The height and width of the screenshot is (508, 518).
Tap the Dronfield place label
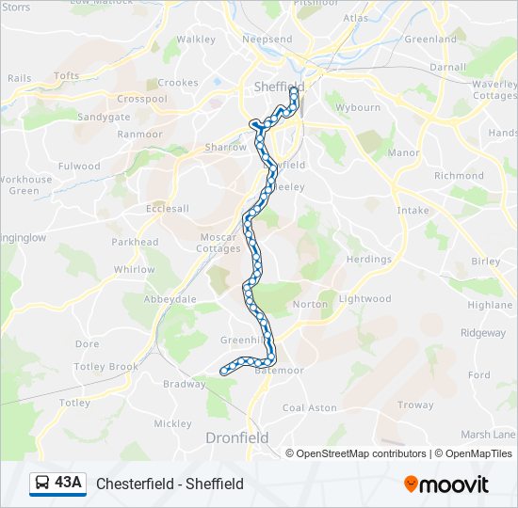(236, 437)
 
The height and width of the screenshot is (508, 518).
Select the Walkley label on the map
(196, 40)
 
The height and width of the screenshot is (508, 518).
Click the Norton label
(310, 304)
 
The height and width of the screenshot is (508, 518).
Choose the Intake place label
(413, 212)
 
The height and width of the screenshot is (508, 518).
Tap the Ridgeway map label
(482, 333)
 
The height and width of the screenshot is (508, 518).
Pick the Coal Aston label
(309, 407)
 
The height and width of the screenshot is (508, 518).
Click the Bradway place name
(184, 384)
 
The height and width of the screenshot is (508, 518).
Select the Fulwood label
(79, 167)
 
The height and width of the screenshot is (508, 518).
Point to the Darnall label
(447, 68)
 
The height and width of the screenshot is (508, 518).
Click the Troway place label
(414, 405)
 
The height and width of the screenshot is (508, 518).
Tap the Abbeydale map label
(170, 299)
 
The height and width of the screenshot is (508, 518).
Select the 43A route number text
(68, 483)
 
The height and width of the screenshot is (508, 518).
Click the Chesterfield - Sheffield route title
(170, 484)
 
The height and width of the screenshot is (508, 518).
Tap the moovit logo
(446, 484)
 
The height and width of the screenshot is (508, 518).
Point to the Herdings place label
(368, 259)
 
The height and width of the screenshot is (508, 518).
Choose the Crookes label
(178, 83)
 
